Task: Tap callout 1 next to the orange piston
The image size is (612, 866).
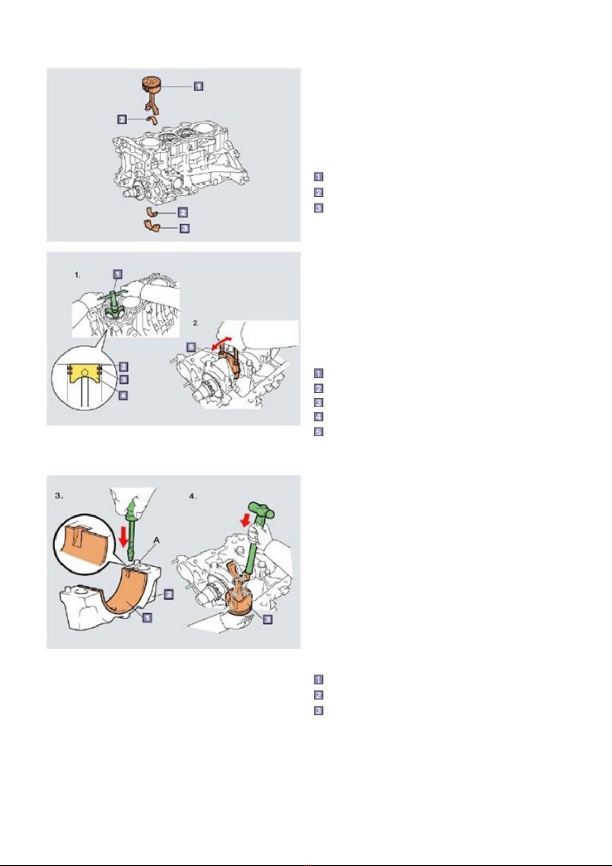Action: [198, 86]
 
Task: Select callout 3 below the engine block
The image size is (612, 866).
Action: [185, 229]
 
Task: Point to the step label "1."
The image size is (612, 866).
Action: [77, 275]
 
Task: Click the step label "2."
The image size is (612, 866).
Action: [196, 323]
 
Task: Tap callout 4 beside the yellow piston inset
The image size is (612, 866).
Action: [123, 396]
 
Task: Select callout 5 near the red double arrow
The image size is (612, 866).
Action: [191, 347]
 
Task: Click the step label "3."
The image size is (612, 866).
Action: [59, 496]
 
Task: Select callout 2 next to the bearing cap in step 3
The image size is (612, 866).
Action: [169, 594]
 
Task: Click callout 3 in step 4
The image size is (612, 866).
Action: [268, 619]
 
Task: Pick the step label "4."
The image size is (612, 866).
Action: [193, 496]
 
